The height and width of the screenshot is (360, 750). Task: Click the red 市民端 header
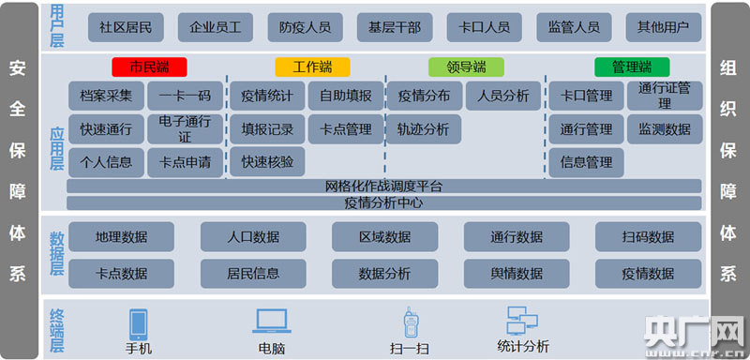point(149,67)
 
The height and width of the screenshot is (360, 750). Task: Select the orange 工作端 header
point(312,67)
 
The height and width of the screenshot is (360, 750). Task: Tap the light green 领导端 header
point(466,67)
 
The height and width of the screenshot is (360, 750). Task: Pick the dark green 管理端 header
point(632,67)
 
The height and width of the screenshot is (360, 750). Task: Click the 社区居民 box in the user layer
point(126,27)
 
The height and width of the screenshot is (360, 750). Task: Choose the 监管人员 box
point(574,27)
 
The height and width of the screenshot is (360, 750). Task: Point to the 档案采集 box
point(106,96)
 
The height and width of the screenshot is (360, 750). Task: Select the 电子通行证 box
point(185,129)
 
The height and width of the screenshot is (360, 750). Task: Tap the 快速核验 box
point(267,162)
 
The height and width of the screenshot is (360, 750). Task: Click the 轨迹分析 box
point(424,129)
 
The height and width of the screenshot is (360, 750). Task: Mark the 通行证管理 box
point(665,96)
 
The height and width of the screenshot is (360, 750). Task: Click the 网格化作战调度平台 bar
point(384,186)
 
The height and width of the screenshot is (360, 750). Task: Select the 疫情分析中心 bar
point(384,203)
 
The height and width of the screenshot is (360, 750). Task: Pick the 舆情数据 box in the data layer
point(517,274)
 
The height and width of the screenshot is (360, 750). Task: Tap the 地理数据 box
point(122,236)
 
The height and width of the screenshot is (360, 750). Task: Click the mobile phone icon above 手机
point(138,324)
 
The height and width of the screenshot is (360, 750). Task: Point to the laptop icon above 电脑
point(272,321)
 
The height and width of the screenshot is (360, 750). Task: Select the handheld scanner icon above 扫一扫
point(410,322)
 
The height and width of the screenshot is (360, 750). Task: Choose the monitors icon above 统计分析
point(522,321)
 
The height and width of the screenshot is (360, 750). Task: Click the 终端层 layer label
point(57,331)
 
